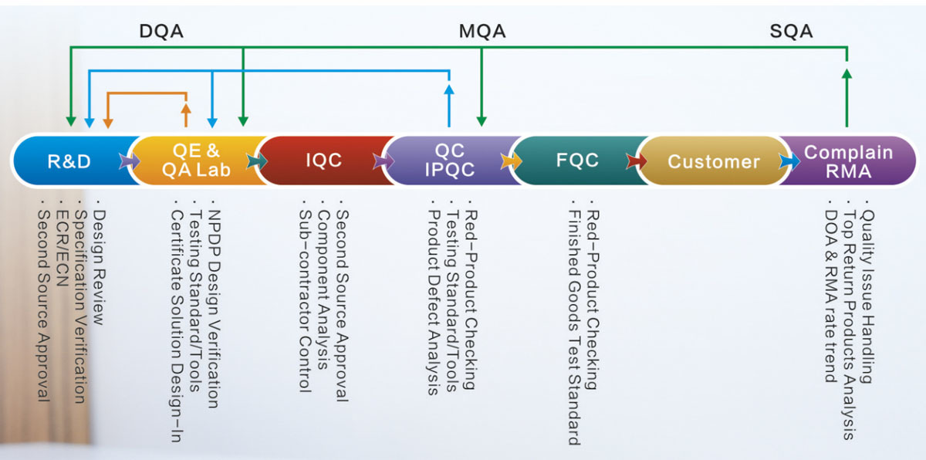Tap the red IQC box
pyautogui.click(x=323, y=161)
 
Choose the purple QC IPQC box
pyautogui.click(x=450, y=161)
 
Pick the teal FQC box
pyautogui.click(x=577, y=161)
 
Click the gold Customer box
pyautogui.click(x=713, y=161)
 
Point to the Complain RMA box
pyautogui.click(x=847, y=161)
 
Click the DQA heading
pyautogui.click(x=161, y=32)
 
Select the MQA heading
pyautogui.click(x=482, y=32)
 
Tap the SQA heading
pyautogui.click(x=791, y=32)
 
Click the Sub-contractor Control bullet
pyautogui.click(x=304, y=301)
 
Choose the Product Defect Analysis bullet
pyautogui.click(x=434, y=302)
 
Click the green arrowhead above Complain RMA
pyautogui.click(x=847, y=74)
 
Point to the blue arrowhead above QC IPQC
pyautogui.click(x=449, y=89)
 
